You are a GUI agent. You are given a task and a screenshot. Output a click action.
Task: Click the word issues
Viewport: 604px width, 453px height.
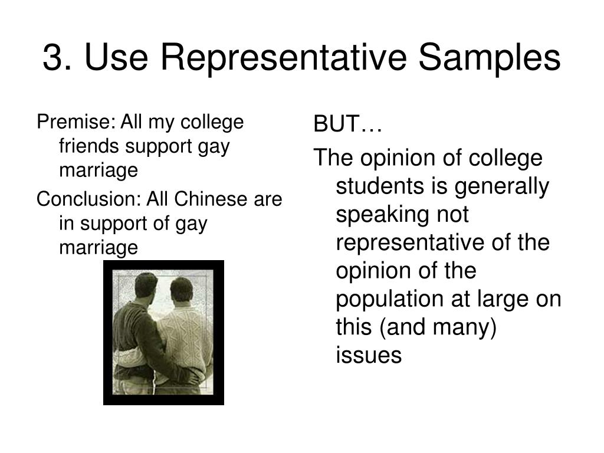(369, 355)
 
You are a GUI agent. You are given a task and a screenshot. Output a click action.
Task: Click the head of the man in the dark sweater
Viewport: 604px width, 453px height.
(146, 286)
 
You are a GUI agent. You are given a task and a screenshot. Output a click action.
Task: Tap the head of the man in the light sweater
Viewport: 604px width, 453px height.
(181, 290)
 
